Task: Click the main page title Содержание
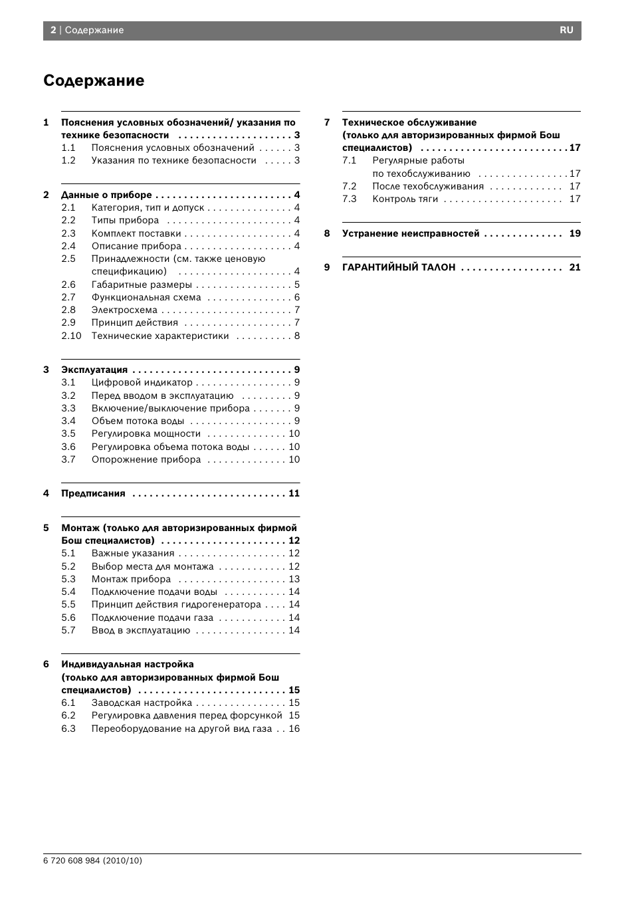[x=94, y=80]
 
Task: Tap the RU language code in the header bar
[x=566, y=30]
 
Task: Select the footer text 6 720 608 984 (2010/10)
[x=92, y=860]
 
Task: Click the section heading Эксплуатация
[x=94, y=370]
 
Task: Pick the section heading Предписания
[x=93, y=493]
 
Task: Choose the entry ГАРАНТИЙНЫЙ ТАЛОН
[x=399, y=267]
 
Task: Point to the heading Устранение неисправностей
[x=411, y=233]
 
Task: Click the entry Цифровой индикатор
[x=142, y=382]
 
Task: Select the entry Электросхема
[x=124, y=310]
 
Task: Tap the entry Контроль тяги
[x=405, y=199]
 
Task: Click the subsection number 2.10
[x=71, y=336]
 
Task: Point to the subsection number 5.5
[x=68, y=604]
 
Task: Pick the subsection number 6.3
[x=68, y=729]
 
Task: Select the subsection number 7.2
[x=350, y=186]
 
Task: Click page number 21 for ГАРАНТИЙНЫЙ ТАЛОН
[x=575, y=267]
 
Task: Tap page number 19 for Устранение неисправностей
[x=575, y=233]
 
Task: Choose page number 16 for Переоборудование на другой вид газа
[x=294, y=729]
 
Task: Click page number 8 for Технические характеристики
[x=297, y=336]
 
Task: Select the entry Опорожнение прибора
[x=146, y=459]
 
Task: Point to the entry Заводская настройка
[x=142, y=703]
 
